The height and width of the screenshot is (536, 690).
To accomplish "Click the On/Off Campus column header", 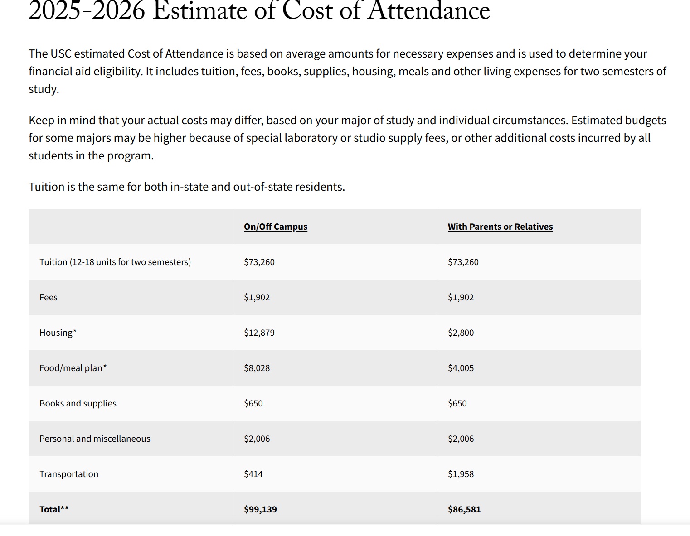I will [275, 227].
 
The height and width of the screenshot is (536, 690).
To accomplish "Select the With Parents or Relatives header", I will [500, 227].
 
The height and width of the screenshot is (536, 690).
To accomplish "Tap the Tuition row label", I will [115, 262].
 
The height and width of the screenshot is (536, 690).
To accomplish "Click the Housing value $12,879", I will [259, 333].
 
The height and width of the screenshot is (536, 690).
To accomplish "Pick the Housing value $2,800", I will [461, 333].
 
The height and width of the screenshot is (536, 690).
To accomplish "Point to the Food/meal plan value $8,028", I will [257, 368].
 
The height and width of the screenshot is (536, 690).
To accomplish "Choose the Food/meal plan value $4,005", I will [461, 368].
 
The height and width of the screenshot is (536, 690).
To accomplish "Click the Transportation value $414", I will [253, 474].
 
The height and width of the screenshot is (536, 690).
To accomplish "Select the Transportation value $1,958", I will [461, 474].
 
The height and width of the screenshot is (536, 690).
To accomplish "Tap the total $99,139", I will [260, 509].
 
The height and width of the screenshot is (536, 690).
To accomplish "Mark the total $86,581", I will [464, 509].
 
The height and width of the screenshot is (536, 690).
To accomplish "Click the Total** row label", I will [54, 509].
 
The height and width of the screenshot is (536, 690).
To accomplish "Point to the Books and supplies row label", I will [78, 403].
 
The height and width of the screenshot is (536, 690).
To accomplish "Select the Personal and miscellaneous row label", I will [95, 439].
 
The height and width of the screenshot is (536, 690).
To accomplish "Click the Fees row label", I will [49, 297].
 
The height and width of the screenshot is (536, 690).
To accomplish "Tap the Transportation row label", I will [69, 474].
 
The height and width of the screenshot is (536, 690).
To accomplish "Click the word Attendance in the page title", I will [429, 11].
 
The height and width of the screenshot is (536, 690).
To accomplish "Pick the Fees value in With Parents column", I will [461, 297].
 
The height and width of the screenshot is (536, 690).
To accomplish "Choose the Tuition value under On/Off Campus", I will [259, 262].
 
